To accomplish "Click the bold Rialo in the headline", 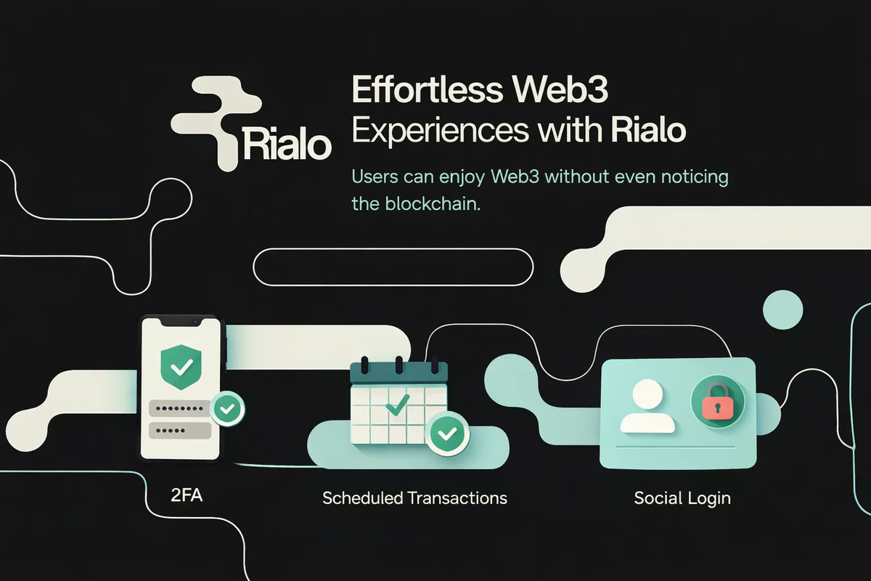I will pyautogui.click(x=648, y=131).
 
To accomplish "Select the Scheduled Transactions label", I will pyautogui.click(x=414, y=498).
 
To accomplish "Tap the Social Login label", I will pyautogui.click(x=682, y=498).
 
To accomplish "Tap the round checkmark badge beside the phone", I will pyautogui.click(x=227, y=410).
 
